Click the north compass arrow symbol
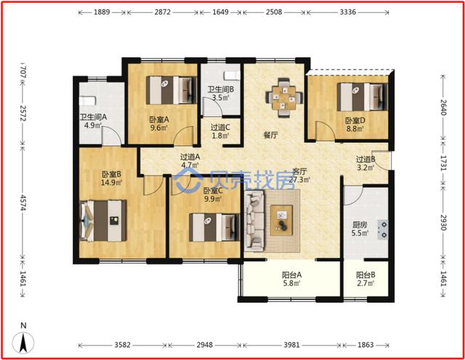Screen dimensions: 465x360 pyautogui.click(x=23, y=343)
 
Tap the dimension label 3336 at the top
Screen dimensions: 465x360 pyautogui.click(x=348, y=12)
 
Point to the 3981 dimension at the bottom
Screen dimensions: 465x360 pyautogui.click(x=292, y=345)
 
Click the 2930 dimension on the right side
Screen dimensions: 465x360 pyautogui.click(x=442, y=222)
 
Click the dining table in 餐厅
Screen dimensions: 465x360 pyautogui.click(x=284, y=97)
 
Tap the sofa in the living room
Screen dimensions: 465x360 pyautogui.click(x=254, y=220)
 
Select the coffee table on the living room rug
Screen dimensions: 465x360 pyautogui.click(x=281, y=221)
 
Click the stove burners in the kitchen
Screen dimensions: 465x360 pyautogui.click(x=383, y=229)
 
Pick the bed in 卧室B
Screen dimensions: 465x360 pyautogui.click(x=103, y=221)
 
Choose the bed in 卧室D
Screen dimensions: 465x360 pyautogui.click(x=363, y=97)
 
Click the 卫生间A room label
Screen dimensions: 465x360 pyautogui.click(x=93, y=117)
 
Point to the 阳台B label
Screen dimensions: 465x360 pyautogui.click(x=365, y=275)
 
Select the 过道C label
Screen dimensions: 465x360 pyautogui.click(x=220, y=128)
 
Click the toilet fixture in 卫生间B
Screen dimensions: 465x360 pyautogui.click(x=232, y=75)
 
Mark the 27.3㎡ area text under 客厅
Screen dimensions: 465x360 pyautogui.click(x=299, y=179)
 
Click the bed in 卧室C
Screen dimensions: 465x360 pyautogui.click(x=214, y=227)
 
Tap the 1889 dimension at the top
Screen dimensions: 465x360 pyautogui.click(x=102, y=12)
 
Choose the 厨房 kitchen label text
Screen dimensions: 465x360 pyautogui.click(x=360, y=225)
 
